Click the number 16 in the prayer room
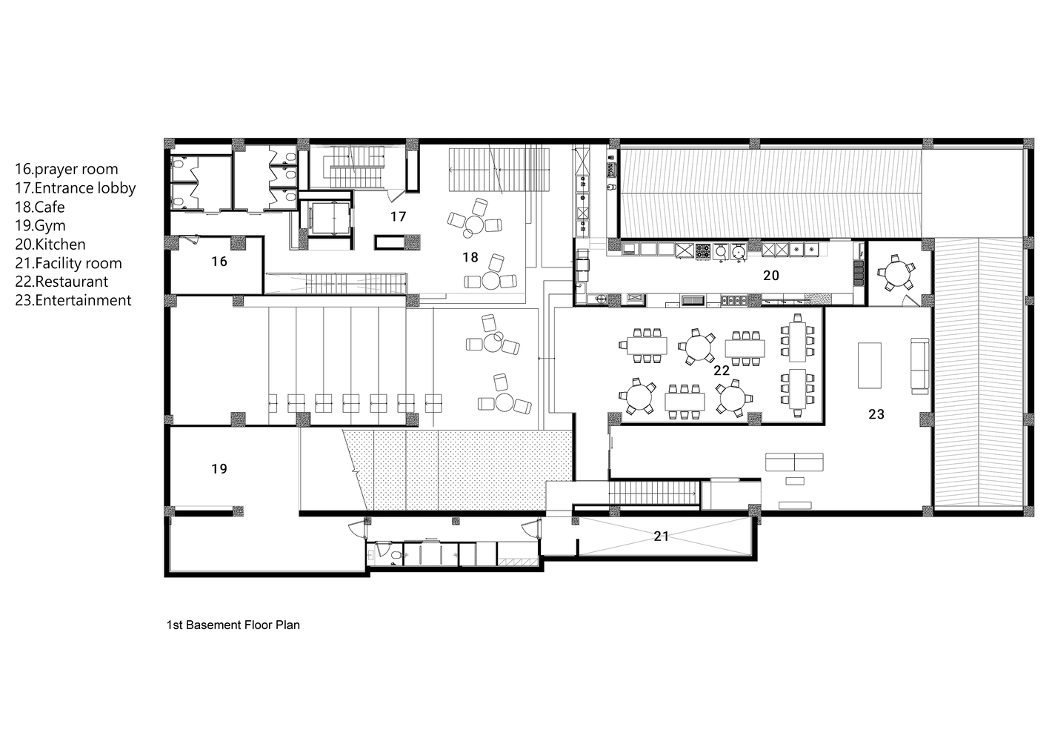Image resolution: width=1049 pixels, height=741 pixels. tap(219, 262)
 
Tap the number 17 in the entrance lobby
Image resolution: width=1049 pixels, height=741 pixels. tap(398, 216)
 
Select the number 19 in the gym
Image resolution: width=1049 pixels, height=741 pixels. tap(219, 469)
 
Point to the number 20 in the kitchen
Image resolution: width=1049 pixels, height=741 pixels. tap(771, 276)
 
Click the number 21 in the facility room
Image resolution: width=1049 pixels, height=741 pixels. tap(661, 536)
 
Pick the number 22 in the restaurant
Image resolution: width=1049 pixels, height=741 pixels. tap(722, 371)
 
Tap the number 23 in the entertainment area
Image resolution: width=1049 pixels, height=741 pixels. tap(876, 414)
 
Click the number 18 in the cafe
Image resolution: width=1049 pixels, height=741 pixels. tap(470, 257)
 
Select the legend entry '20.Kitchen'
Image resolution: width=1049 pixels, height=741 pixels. tap(50, 245)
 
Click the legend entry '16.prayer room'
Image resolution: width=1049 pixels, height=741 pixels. tap(67, 169)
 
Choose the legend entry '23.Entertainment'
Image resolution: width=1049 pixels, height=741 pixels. tap(73, 300)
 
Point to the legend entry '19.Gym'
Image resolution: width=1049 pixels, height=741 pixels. tap(40, 226)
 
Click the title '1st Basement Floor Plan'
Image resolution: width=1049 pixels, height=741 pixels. tap(233, 625)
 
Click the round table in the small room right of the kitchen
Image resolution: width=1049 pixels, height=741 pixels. tap(896, 272)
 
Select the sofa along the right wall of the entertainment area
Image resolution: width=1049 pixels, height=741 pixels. tap(920, 366)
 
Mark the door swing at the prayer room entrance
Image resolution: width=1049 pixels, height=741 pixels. tap(190, 240)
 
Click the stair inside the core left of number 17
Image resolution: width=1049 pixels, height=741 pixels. tap(355, 166)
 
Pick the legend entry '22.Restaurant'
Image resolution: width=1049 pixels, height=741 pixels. tap(61, 282)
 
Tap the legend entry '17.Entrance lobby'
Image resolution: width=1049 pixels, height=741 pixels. tap(76, 188)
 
